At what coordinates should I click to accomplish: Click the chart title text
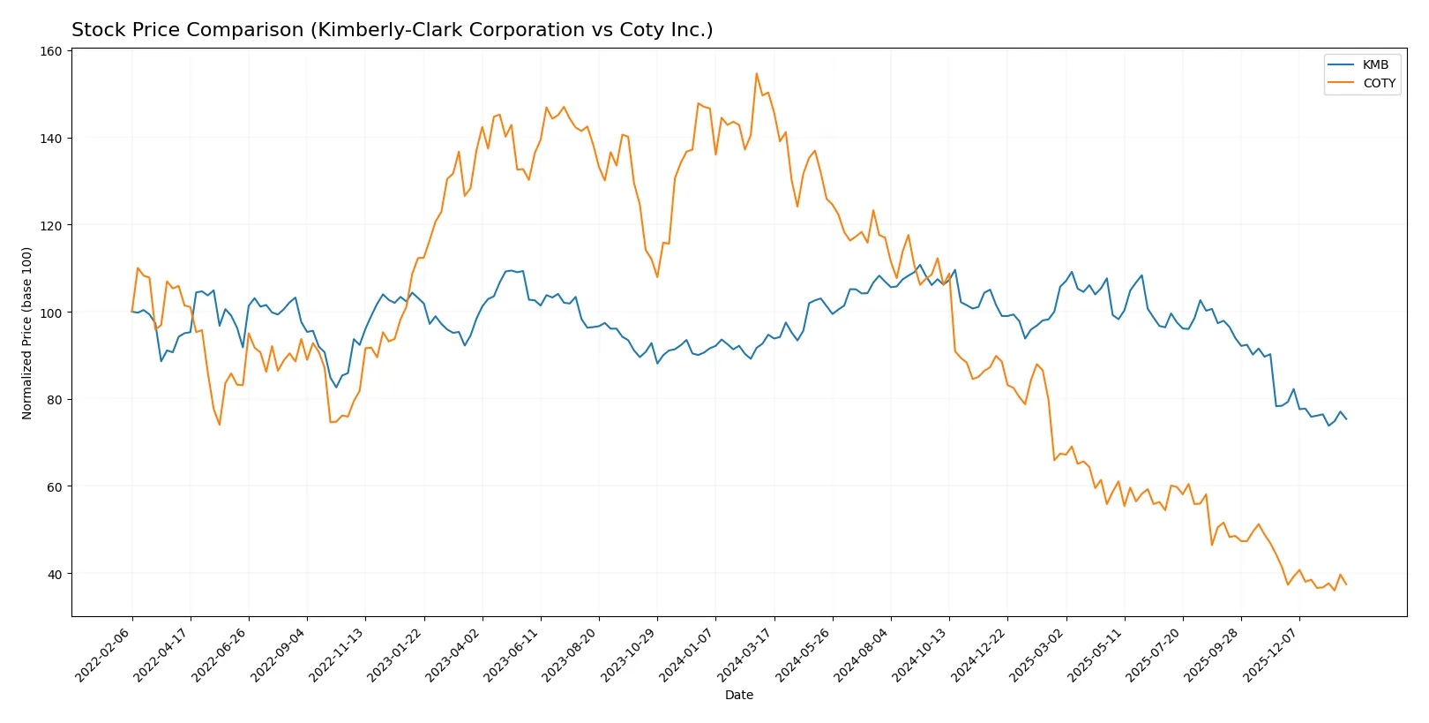392,30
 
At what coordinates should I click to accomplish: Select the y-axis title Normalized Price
27,333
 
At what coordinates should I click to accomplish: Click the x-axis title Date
738,695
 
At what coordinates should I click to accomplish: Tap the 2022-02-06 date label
104,654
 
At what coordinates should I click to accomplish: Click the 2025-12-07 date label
1271,654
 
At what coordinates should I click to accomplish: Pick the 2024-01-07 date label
687,654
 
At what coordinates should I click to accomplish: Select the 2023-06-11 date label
512,654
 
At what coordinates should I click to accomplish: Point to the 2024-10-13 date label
921,654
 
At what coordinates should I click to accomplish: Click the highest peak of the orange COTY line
756,73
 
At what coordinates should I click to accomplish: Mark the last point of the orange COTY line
1346,584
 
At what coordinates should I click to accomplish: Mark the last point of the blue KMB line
1346,419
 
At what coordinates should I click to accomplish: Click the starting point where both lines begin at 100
132,312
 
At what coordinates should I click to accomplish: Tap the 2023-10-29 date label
629,654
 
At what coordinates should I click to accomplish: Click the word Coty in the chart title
632,30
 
